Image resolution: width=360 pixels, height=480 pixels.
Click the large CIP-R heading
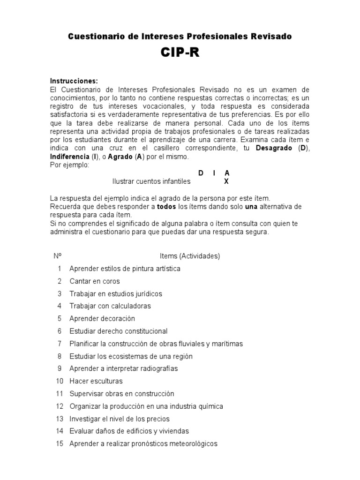180,53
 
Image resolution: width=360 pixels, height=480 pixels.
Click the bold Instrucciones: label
74,81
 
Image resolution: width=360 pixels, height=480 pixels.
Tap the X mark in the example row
226,181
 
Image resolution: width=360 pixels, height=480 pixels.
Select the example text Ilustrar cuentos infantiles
151,181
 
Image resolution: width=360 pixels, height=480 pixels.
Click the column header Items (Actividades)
190,256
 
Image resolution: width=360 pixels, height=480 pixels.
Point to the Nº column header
58,256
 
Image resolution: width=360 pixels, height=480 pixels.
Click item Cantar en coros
94,281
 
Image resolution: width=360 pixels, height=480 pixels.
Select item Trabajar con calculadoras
110,306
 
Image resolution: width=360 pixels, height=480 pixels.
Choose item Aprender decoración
102,319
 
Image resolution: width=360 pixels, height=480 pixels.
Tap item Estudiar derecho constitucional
118,331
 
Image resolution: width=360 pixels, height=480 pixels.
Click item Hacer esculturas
96,381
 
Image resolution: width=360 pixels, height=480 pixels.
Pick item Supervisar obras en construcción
121,394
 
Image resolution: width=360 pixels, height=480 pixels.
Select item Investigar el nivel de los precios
119,419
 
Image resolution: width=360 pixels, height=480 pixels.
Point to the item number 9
60,369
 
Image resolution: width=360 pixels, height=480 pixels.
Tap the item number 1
60,269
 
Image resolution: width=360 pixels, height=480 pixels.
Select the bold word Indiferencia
71,157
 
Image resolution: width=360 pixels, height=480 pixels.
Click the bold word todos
166,206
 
